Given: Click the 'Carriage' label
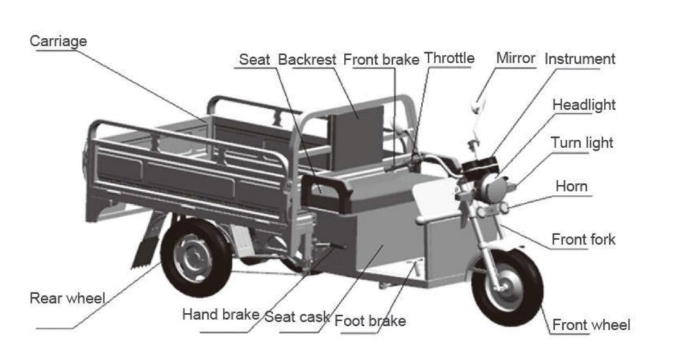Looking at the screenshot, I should [58, 41].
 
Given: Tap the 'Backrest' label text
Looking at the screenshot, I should [307, 59].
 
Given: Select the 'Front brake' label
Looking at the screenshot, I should [381, 59].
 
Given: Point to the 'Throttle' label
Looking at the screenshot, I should [449, 58].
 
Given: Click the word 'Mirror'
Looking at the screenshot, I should [515, 58].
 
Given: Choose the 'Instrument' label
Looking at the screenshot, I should [580, 59].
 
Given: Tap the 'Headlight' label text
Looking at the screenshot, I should [584, 104].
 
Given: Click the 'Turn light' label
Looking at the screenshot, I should [582, 143].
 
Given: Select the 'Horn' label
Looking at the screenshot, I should [572, 186].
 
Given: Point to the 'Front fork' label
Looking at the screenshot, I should [583, 240].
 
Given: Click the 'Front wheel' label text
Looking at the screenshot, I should [591, 325].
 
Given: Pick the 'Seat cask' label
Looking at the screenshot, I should [297, 317].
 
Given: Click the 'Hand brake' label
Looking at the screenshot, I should [221, 315].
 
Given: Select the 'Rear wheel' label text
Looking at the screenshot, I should [67, 299].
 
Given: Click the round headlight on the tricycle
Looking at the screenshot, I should [488, 186].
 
